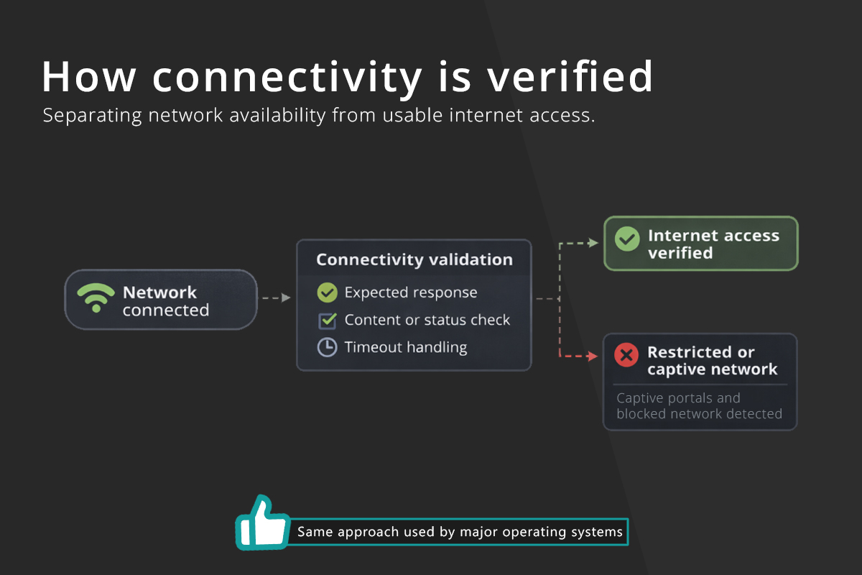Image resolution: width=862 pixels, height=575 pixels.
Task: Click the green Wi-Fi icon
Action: point(96,298)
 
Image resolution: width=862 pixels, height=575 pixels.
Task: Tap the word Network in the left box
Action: point(159,293)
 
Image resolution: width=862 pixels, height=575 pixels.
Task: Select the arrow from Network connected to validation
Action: point(277,298)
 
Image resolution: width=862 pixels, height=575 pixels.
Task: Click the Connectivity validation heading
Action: point(414,259)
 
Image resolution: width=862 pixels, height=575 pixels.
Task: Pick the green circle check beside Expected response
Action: point(327,293)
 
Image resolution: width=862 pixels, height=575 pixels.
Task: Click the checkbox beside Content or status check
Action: point(327,321)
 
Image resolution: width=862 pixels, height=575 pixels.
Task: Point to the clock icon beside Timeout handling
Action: point(327,347)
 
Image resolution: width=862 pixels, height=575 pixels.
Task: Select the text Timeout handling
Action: point(406,347)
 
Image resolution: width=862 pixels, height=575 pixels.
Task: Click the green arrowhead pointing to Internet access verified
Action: point(594,243)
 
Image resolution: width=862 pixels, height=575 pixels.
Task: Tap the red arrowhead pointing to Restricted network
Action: point(593,356)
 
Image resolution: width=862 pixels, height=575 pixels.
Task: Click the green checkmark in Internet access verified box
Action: point(627,239)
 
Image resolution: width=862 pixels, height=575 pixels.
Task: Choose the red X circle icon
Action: point(626,355)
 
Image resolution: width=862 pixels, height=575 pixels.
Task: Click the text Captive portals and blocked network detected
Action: point(699,405)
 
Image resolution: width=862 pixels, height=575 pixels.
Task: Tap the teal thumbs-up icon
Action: point(263,522)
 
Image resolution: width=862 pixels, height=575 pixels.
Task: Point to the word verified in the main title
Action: point(570,77)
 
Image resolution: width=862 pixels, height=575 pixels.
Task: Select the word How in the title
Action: point(89,77)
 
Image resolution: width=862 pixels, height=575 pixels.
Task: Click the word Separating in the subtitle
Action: point(93,116)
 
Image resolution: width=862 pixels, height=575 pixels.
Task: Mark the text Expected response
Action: point(411,293)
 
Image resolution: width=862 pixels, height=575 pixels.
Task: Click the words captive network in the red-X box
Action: point(713,369)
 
